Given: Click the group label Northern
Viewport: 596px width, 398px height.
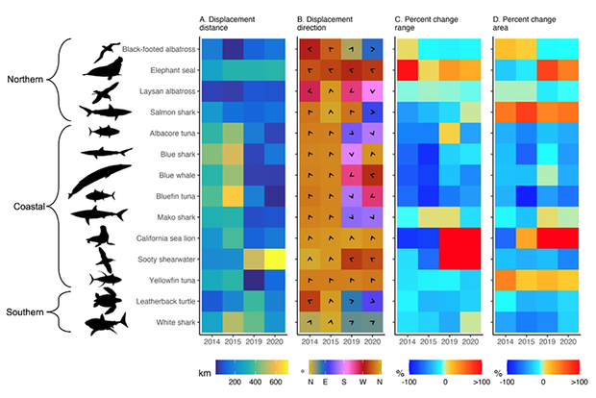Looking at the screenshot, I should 29,80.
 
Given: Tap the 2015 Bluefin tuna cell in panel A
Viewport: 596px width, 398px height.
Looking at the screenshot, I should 231,195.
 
